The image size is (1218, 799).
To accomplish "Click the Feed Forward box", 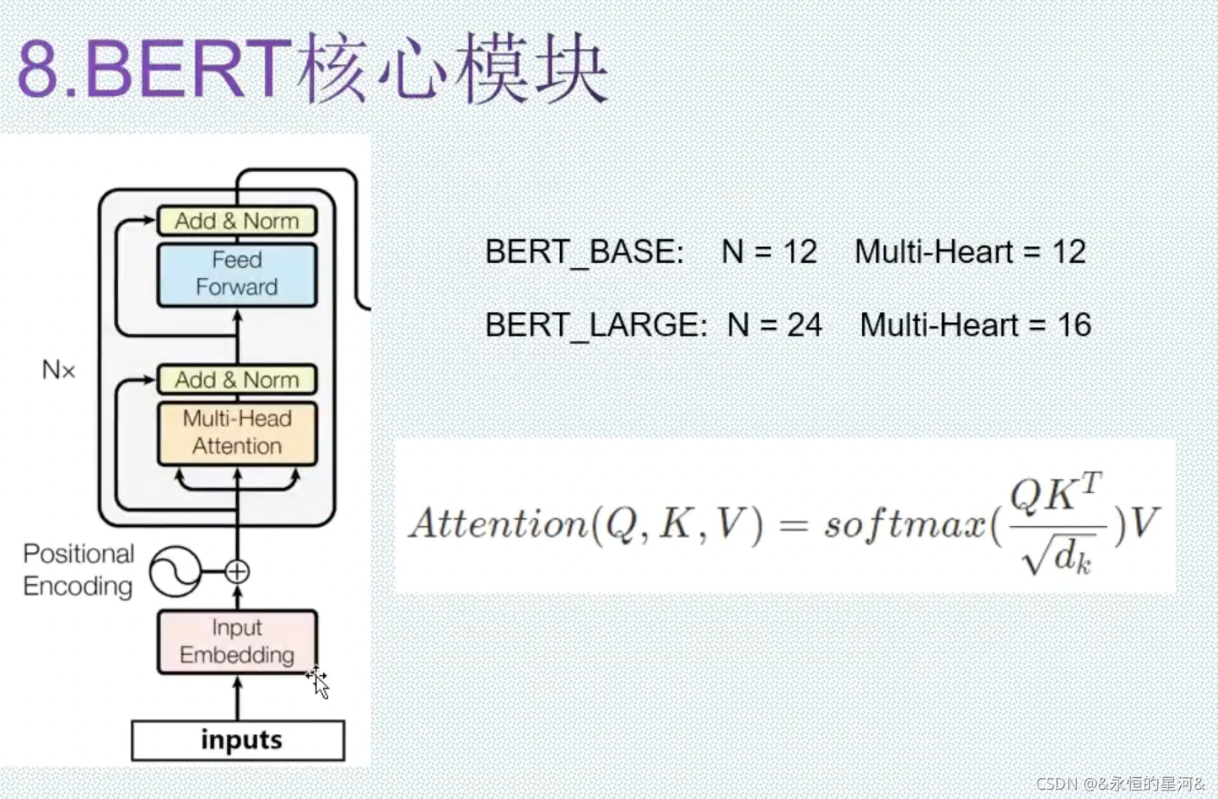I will (237, 274).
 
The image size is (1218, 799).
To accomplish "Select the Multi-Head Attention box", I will (237, 432).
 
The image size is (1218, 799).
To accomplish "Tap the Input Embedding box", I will (237, 641).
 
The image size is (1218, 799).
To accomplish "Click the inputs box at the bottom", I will (238, 740).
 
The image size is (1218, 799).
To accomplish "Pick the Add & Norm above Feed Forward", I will (237, 221).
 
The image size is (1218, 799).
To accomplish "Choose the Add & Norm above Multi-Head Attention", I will (237, 379).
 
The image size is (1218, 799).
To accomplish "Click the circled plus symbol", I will (237, 571).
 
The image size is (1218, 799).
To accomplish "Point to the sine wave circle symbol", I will (175, 571).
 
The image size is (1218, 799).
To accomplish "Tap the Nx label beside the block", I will (58, 369).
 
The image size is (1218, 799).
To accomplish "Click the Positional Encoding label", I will (78, 570).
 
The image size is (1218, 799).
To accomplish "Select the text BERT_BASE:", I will (584, 252).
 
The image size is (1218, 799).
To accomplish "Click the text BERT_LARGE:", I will (596, 325).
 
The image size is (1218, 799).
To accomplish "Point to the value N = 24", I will (774, 325).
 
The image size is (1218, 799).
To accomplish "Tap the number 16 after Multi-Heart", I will (1074, 325).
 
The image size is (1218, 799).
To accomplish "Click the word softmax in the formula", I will (904, 524).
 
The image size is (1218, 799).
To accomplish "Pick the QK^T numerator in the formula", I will (1055, 493).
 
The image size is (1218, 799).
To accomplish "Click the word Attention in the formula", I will (498, 524).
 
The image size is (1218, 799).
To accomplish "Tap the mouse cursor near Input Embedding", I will (318, 681).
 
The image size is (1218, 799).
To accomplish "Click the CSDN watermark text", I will (1120, 784).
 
